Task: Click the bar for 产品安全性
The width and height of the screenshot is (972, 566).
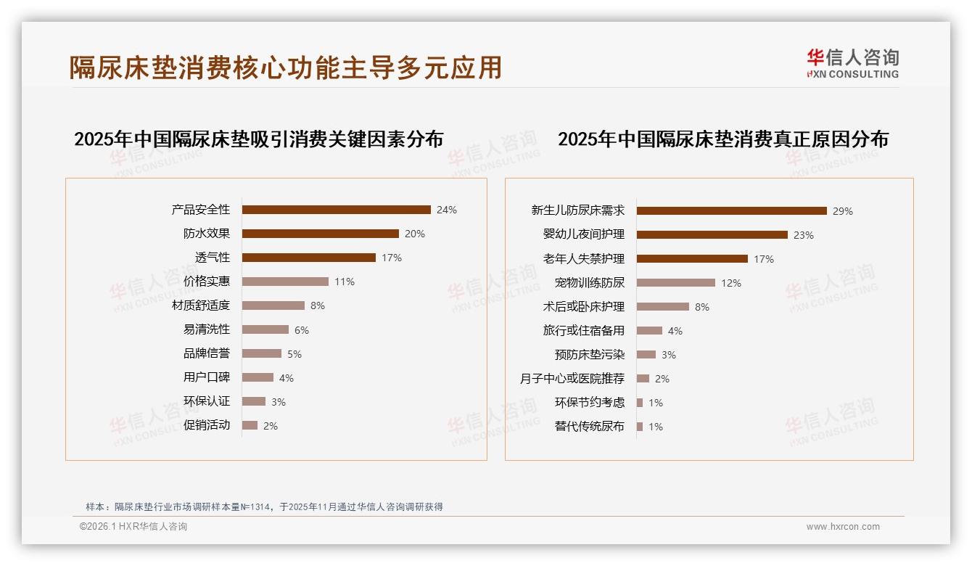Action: click(336, 210)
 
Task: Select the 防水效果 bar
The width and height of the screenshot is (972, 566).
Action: click(320, 234)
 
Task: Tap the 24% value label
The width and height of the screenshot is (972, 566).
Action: click(446, 210)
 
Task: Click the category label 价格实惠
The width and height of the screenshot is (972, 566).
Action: click(206, 282)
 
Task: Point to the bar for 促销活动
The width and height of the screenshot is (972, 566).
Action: click(250, 425)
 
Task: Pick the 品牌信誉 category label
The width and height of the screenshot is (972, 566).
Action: click(206, 353)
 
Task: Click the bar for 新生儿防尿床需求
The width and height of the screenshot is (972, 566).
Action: click(731, 211)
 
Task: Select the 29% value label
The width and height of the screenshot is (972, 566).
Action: click(842, 211)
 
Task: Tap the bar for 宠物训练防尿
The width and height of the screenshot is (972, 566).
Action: click(675, 283)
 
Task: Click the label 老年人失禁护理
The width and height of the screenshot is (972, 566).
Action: click(583, 259)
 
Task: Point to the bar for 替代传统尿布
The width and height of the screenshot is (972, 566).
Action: click(640, 427)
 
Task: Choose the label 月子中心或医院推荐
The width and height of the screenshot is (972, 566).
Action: click(572, 379)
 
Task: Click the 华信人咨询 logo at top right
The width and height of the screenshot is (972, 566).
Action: click(852, 63)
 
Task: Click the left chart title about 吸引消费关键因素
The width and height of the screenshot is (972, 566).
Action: click(258, 139)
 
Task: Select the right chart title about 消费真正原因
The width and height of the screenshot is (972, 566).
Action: click(722, 139)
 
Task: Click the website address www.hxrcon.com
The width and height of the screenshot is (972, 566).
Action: click(843, 527)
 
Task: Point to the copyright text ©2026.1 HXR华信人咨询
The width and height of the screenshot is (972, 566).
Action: click(133, 527)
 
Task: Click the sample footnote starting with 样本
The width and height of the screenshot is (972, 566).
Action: click(264, 506)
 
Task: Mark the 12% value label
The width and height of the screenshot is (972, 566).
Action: click(730, 283)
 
